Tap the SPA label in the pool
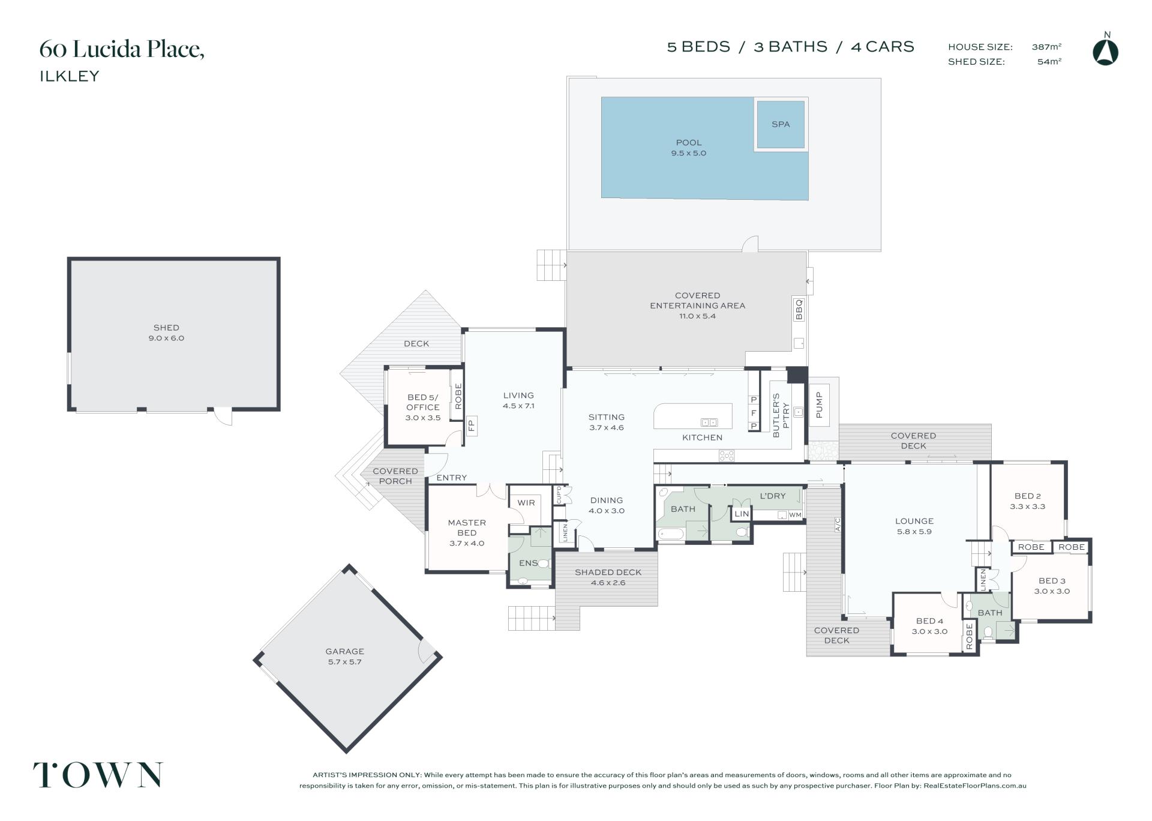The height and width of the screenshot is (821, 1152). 781,124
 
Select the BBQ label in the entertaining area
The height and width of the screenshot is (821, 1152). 799,310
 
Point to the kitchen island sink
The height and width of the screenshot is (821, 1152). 709,423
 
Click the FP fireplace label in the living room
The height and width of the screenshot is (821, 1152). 471,426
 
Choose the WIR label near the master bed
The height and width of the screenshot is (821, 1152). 526,503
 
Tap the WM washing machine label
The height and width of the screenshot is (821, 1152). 795,515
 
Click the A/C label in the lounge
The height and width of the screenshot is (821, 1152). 838,525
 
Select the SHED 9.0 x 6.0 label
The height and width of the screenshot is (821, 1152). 166,332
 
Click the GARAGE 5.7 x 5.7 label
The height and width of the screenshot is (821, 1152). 344,657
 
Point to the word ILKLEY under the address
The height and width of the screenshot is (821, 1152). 70,76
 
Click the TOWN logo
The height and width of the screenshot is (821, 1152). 98,775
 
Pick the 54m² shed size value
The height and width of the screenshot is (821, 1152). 1049,61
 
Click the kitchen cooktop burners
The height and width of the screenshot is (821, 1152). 727,456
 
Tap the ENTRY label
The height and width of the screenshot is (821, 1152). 451,478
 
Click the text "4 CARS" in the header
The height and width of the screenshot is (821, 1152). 883,47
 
